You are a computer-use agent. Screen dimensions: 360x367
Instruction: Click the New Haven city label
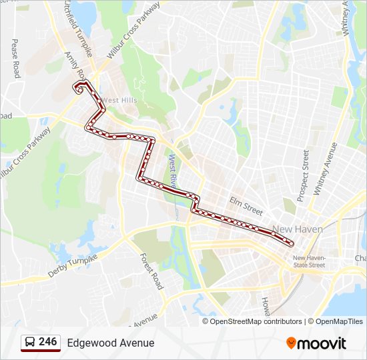[298, 229]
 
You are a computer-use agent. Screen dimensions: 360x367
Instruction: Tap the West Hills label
[119, 101]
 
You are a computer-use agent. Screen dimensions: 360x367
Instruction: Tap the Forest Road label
[151, 271]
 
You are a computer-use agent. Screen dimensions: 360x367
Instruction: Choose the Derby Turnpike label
[73, 265]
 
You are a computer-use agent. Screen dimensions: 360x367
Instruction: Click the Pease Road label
[14, 59]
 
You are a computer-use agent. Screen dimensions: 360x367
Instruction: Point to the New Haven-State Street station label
[308, 261]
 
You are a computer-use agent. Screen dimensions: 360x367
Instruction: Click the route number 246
[48, 342]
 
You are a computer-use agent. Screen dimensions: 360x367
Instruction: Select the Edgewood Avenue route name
[111, 343]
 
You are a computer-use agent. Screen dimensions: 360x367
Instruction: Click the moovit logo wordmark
[322, 343]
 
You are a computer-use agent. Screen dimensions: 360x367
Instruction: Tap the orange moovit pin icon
[292, 343]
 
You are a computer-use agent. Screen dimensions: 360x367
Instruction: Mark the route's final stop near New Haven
[291, 245]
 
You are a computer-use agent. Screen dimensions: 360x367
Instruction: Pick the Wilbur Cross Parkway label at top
[133, 30]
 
